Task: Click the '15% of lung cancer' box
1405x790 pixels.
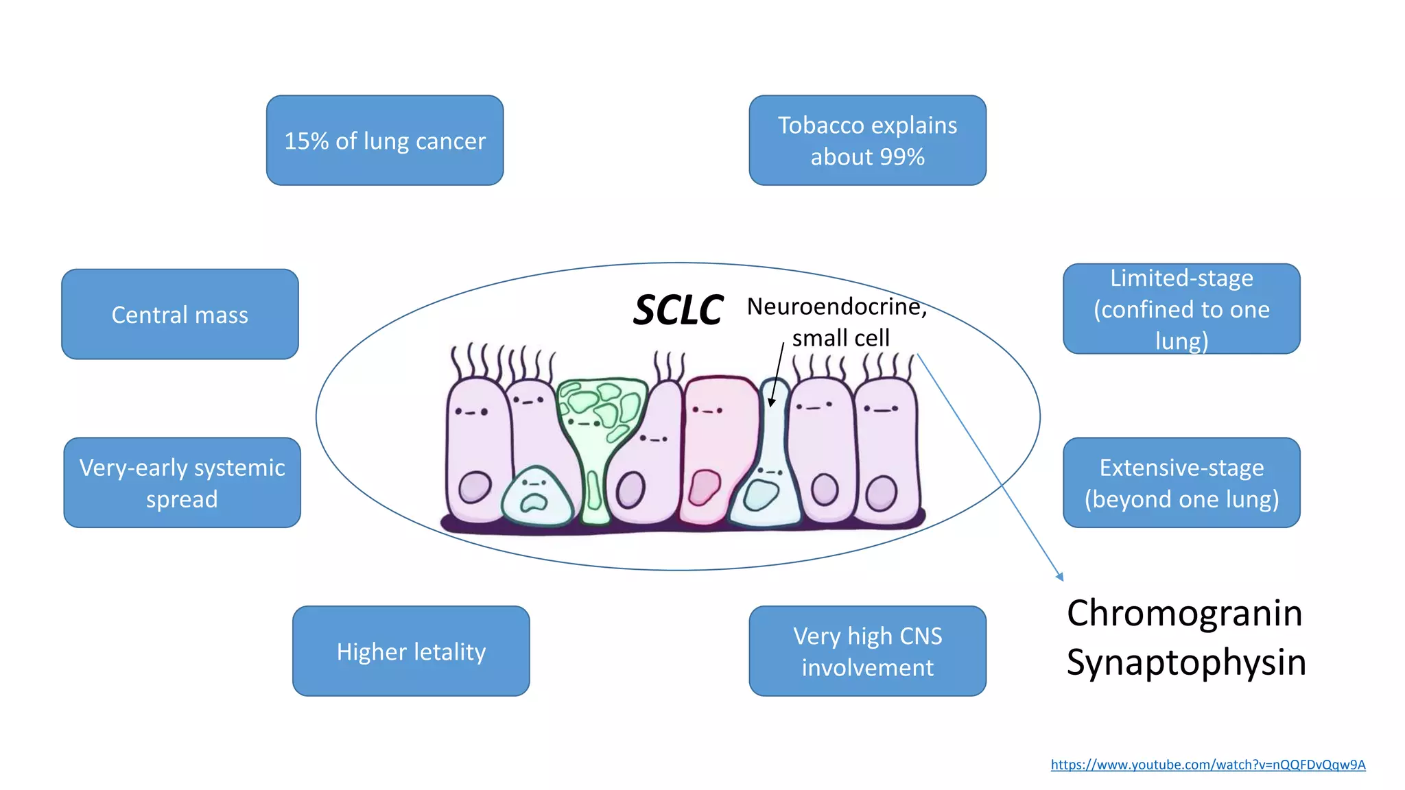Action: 385,141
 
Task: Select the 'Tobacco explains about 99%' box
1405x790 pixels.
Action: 867,141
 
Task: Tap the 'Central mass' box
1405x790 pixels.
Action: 180,314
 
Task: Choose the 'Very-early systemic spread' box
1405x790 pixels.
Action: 182,483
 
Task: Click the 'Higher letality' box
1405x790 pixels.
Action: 411,651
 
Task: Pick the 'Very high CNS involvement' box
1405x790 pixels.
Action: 867,651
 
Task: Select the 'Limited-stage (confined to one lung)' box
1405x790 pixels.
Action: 1181,309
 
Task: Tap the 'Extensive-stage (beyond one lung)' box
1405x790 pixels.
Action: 1181,483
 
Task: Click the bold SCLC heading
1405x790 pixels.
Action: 678,310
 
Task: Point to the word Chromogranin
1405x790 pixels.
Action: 1184,612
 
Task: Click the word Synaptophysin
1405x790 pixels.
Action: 1185,662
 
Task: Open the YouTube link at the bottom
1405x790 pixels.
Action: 1207,765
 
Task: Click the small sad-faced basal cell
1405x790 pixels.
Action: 536,495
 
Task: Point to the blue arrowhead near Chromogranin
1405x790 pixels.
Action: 1060,577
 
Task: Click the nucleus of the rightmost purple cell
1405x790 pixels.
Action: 881,494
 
